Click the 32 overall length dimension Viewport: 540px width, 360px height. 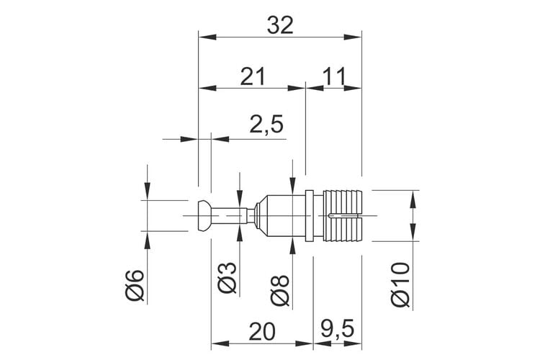tap(280, 25)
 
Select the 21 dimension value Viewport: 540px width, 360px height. tap(253, 76)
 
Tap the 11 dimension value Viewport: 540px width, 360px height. tap(333, 76)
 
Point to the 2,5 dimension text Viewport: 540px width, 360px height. tap(266, 124)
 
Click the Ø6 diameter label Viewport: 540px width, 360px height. tap(135, 285)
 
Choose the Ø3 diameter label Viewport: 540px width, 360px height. tap(228, 278)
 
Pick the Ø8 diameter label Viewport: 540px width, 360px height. tap(279, 290)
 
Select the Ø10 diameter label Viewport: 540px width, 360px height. tap(400, 284)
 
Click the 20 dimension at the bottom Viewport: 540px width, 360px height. tap(262, 331)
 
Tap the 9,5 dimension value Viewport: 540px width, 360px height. tap(337, 330)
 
